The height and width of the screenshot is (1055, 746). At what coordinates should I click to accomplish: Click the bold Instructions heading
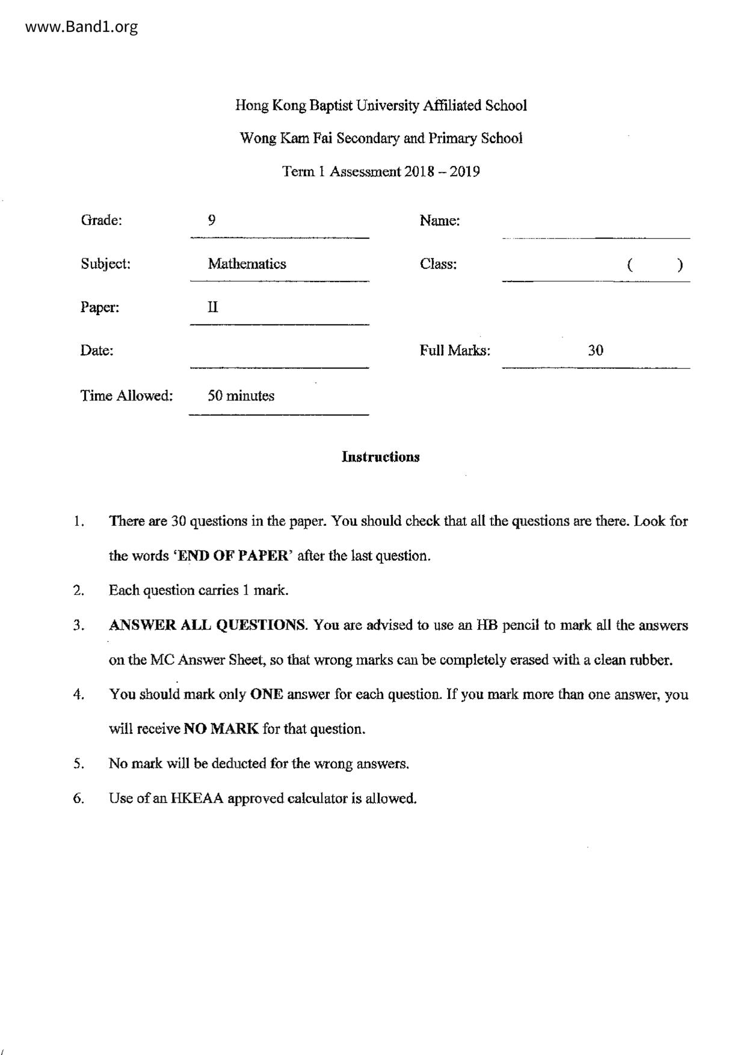[x=380, y=457]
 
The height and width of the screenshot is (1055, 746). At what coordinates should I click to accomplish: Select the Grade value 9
[x=212, y=220]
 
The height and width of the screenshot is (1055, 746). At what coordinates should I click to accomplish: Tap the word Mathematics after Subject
[x=247, y=264]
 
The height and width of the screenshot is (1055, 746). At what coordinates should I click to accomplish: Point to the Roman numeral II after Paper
[x=213, y=307]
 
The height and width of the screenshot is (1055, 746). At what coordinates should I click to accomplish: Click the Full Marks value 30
[x=595, y=351]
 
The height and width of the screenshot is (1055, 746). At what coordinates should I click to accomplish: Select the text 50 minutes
[x=241, y=396]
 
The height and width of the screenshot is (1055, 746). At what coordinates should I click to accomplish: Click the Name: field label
[x=439, y=221]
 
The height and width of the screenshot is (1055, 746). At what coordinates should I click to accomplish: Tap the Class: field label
[x=438, y=264]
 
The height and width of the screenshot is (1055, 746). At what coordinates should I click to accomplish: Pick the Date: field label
[x=97, y=351]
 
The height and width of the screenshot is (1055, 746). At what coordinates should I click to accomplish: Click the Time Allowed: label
[x=126, y=396]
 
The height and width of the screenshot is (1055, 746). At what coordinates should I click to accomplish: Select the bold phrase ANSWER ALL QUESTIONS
[x=208, y=626]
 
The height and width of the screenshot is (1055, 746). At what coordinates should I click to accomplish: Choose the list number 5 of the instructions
[x=78, y=764]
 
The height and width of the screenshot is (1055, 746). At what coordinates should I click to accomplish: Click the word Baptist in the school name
[x=331, y=106]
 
